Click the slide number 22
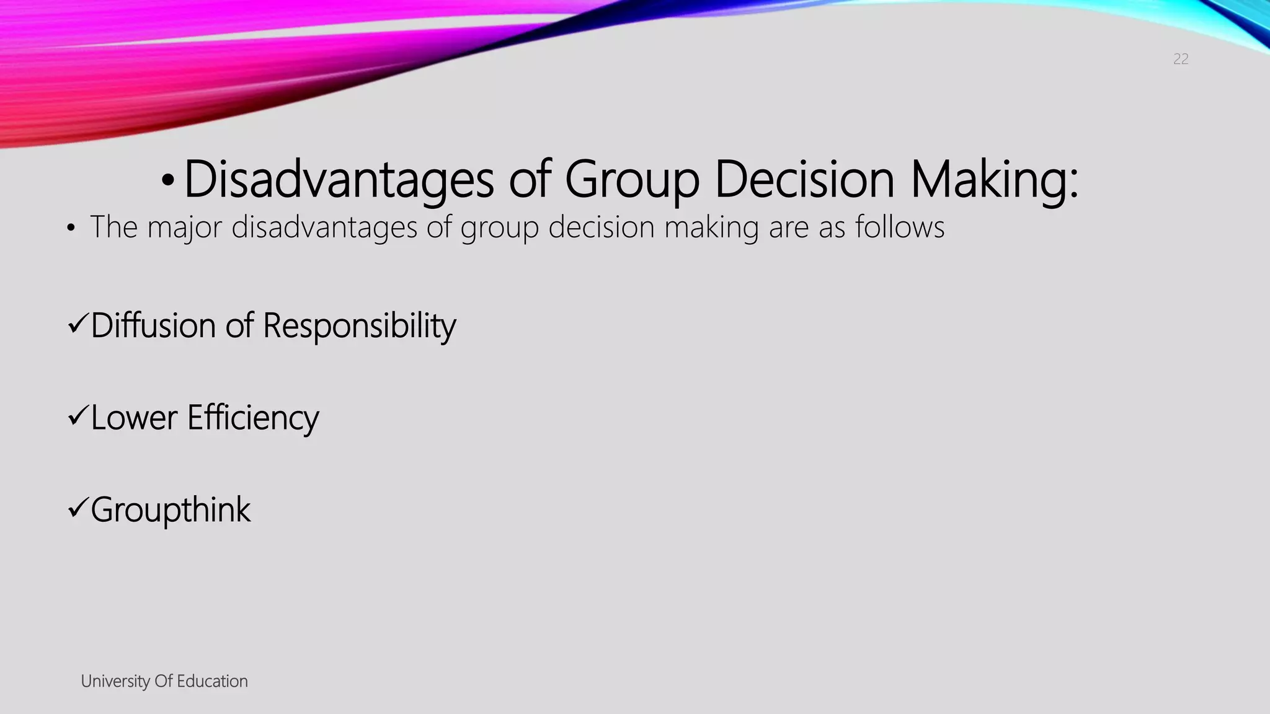(1181, 59)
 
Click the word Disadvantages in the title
(339, 180)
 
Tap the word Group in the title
(632, 180)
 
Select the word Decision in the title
(804, 180)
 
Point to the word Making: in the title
(994, 180)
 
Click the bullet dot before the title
(167, 181)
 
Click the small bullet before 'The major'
(71, 229)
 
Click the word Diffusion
(153, 325)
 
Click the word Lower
(134, 418)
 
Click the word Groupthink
(171, 510)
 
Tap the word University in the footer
(115, 681)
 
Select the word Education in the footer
(212, 681)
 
